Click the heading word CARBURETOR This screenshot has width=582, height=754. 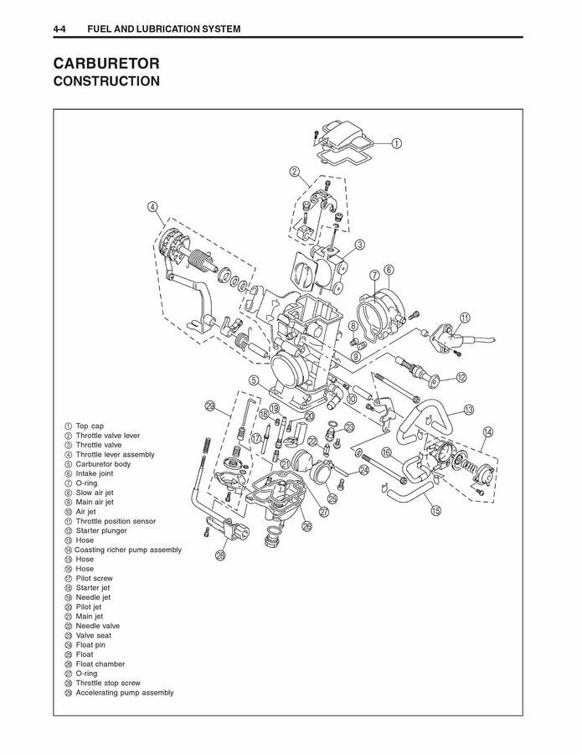pyautogui.click(x=106, y=64)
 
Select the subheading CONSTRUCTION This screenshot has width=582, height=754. pyautogui.click(x=106, y=82)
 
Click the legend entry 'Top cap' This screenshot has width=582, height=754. pyautogui.click(x=90, y=426)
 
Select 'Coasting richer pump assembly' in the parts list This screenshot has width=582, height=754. pyautogui.click(x=127, y=550)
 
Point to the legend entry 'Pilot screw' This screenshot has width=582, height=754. pyautogui.click(x=94, y=578)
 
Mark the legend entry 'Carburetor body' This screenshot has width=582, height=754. pyautogui.click(x=103, y=464)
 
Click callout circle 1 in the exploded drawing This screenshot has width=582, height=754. pyautogui.click(x=396, y=143)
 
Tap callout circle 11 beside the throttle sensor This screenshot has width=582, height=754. pyautogui.click(x=465, y=318)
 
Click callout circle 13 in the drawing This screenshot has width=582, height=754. pyautogui.click(x=469, y=410)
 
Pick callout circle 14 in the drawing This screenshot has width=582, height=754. pyautogui.click(x=487, y=432)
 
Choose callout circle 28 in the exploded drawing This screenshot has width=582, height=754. pyautogui.click(x=220, y=555)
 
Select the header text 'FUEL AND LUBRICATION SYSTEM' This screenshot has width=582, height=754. pyautogui.click(x=158, y=29)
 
